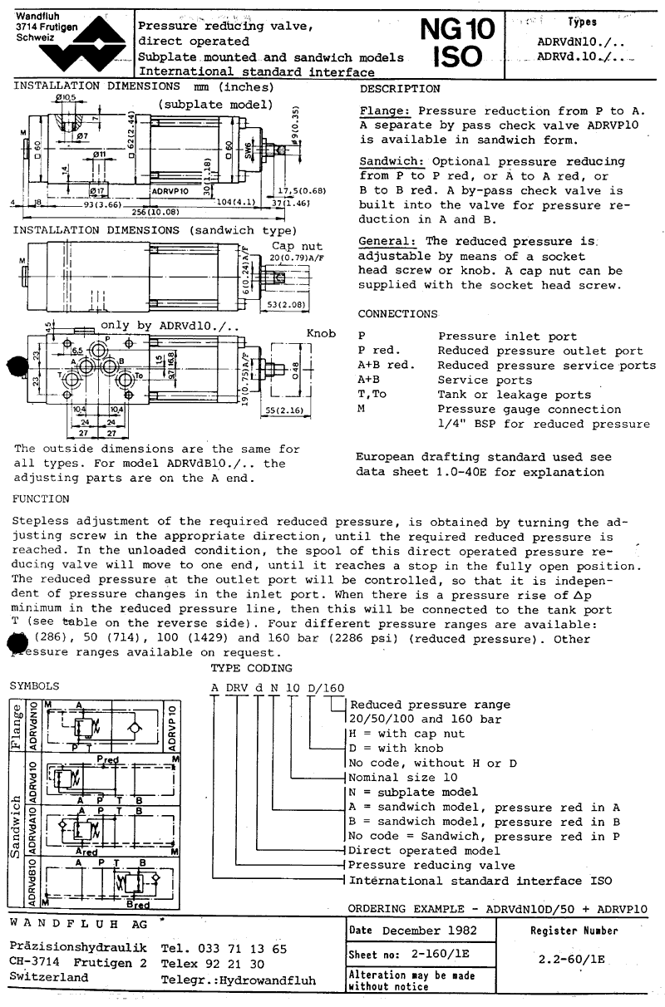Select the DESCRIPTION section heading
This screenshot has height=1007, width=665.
pos(400,89)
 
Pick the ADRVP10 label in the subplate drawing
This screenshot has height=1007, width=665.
pos(170,189)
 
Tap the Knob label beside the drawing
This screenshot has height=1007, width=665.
pos(321,333)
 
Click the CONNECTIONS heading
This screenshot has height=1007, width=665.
pos(397,314)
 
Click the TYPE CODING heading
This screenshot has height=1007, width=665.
pos(251,668)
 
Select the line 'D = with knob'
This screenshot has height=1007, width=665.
pos(403,748)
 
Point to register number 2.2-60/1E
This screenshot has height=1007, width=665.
pos(572,958)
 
